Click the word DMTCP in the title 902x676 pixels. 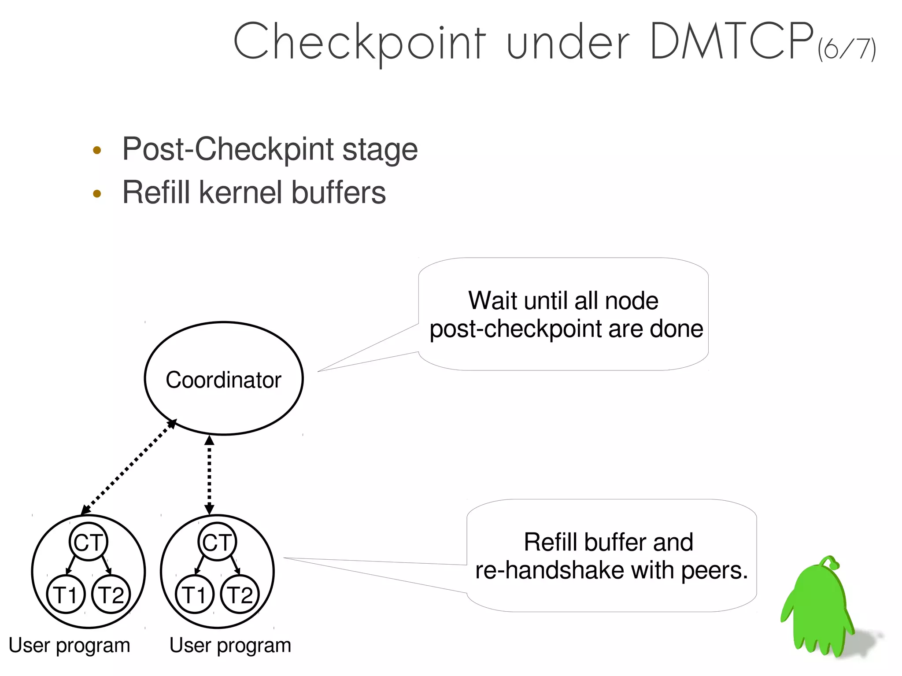731,42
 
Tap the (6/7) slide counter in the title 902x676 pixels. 846,49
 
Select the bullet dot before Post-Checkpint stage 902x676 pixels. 97,151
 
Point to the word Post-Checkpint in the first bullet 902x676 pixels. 228,149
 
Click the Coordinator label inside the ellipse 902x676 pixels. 223,380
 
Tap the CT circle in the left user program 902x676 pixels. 89,542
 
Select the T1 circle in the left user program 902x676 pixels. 66,594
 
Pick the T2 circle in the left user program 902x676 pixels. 111,594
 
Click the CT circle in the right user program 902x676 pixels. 217,542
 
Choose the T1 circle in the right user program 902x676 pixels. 194,594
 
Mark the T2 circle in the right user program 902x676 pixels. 240,594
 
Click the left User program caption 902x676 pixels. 69,646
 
